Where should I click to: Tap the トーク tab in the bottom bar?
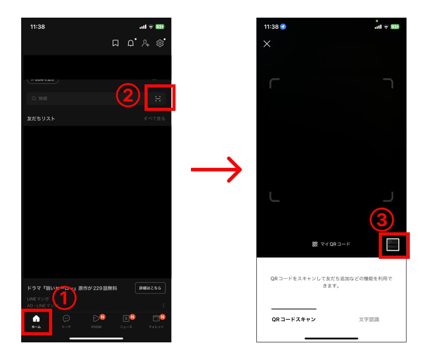point(66,321)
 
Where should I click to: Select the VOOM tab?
point(96,321)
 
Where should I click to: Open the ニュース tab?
point(126,321)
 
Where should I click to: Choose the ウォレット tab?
point(156,321)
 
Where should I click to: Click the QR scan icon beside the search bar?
point(158,99)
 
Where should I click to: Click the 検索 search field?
point(71,99)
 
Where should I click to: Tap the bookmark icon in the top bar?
point(115,43)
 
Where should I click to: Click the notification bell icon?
point(131,43)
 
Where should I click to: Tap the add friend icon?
point(145,43)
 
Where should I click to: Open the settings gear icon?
point(160,43)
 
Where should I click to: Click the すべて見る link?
point(154,118)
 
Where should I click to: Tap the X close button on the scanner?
point(267,44)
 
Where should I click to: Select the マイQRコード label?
point(331,244)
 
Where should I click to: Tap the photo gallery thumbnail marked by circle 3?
point(393,245)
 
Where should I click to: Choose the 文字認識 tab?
point(369,319)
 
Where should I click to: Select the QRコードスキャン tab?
point(294,319)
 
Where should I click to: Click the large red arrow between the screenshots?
point(216,169)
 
